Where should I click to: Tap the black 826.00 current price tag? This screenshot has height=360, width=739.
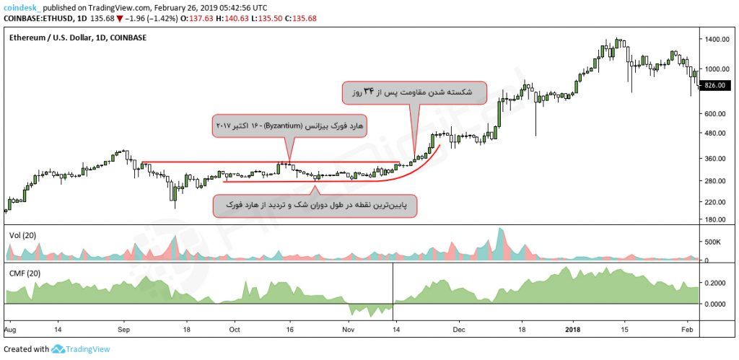coord(714,85)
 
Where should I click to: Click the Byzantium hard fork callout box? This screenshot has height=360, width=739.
coord(289,125)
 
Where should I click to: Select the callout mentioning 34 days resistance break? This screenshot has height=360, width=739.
coord(413,92)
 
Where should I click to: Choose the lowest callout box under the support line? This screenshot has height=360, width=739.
coord(315,206)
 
